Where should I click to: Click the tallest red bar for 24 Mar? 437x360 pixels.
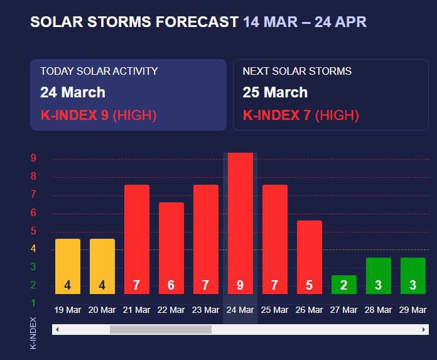click(240, 223)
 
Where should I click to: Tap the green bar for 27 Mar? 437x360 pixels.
click(344, 285)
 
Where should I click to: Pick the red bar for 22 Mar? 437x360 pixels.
click(171, 248)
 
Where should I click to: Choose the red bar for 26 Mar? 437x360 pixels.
click(310, 257)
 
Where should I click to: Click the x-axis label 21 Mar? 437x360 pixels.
click(137, 310)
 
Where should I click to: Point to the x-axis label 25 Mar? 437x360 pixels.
click(275, 310)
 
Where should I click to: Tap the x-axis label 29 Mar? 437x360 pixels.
click(413, 310)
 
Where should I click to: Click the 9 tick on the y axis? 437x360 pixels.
click(33, 158)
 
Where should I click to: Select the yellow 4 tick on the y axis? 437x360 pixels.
click(33, 249)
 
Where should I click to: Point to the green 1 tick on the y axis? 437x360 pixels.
click(33, 303)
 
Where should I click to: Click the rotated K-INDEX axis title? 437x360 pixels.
click(33, 333)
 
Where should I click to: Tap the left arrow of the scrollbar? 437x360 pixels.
click(57, 329)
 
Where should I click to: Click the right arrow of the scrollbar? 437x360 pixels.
click(424, 329)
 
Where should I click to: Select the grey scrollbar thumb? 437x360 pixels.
click(161, 329)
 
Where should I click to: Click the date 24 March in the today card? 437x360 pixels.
click(73, 92)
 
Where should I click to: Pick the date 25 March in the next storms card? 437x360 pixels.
click(275, 92)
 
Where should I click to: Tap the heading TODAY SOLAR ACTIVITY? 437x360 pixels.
click(99, 71)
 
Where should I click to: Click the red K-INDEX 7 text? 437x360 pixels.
click(277, 115)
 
